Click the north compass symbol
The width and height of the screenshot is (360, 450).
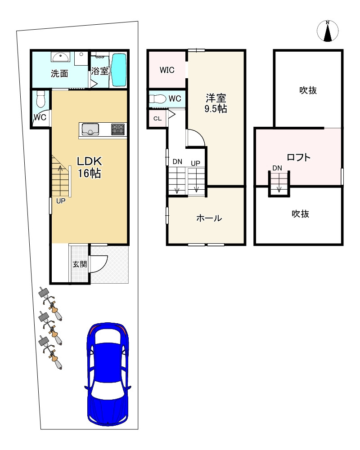pos(328,31)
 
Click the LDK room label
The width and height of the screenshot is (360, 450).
pos(90,161)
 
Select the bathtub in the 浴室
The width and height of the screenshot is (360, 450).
pos(119,70)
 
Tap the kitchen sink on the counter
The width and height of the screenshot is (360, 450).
pos(90,129)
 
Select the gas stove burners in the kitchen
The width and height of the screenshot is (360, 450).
pos(118,129)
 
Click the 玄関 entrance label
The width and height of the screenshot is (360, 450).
pos(80,264)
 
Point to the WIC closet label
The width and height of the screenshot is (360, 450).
pos(167,70)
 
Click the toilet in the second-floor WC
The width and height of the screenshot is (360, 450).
pos(158,99)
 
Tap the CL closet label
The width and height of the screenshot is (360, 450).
pos(157,119)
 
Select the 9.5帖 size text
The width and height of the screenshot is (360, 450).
pos(216,109)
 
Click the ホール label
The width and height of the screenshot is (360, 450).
pos(209,218)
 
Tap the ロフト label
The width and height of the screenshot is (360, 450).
pos(299,157)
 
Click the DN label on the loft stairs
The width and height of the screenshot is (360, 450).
pos(277,168)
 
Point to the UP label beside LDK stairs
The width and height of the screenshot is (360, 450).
pos(61,201)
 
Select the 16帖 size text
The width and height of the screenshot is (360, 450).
pos(90,174)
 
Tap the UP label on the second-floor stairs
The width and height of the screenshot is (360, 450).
pos(195,163)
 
